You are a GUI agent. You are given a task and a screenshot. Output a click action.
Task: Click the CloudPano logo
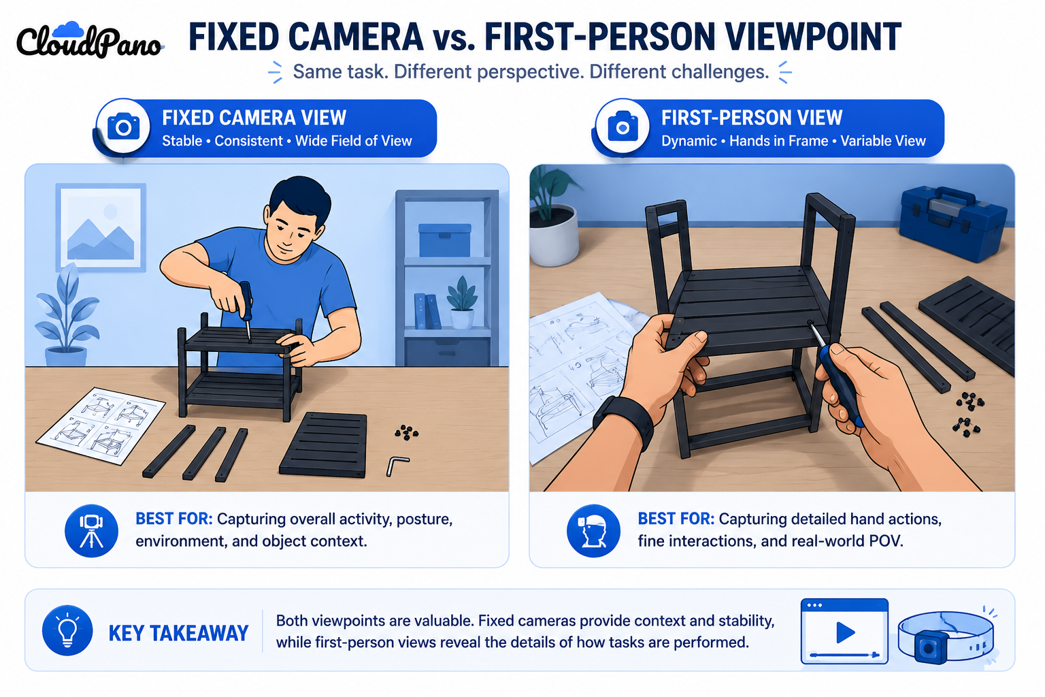[x=88, y=41]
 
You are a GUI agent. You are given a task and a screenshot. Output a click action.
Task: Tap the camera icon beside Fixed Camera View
[x=123, y=126]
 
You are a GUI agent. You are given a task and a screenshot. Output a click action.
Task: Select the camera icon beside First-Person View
[x=623, y=126]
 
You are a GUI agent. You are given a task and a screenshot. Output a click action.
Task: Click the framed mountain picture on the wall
[x=101, y=227]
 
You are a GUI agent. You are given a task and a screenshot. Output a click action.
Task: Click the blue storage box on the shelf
[x=444, y=240]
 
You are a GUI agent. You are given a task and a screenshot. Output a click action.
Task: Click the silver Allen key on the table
[x=397, y=466]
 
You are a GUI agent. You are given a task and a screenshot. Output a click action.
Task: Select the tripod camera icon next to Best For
[x=91, y=531]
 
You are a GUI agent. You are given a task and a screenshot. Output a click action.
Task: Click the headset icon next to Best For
[x=593, y=531]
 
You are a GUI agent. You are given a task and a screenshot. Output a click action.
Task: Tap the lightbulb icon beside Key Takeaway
[x=67, y=631]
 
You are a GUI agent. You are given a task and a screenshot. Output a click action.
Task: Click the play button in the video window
[x=845, y=632]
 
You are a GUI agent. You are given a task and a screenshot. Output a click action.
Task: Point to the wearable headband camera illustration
[x=946, y=638]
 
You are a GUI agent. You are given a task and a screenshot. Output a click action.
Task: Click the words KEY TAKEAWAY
[x=179, y=633]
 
